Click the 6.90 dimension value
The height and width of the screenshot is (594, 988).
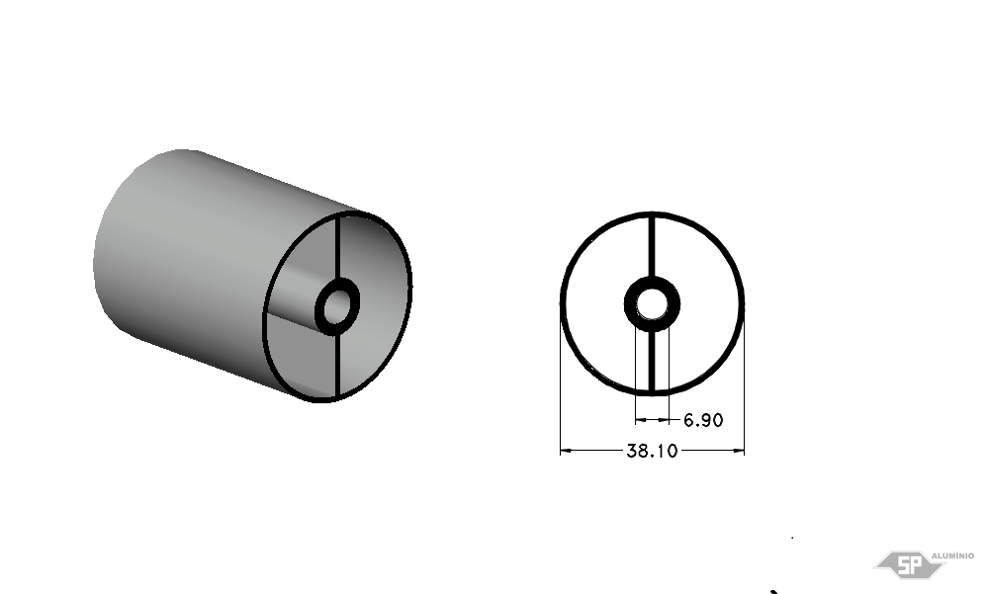click(703, 420)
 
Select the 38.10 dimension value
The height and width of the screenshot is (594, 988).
click(652, 451)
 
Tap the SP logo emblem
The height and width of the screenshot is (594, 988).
click(909, 564)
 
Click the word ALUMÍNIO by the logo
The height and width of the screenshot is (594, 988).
click(952, 555)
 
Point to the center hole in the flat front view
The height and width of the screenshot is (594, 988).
click(652, 304)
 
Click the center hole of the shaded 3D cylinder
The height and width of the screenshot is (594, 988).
click(337, 306)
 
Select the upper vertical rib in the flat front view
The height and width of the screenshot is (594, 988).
click(652, 246)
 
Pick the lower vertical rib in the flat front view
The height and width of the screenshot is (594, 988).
click(652, 361)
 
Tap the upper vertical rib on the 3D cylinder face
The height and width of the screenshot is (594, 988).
click(337, 247)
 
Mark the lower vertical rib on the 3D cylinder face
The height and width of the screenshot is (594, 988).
click(337, 365)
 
